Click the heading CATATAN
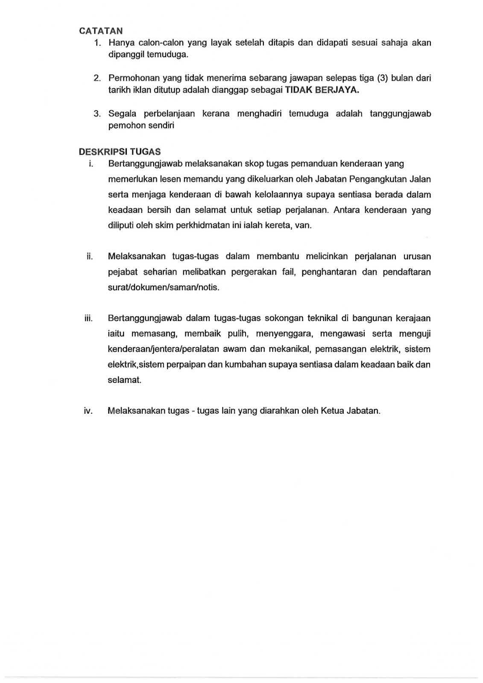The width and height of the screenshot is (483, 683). tap(101, 31)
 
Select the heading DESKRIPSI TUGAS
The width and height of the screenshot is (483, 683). tap(120, 152)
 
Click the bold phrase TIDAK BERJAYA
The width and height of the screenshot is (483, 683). tap(322, 90)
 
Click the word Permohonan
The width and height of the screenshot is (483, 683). tap(132, 78)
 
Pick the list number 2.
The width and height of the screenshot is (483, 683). tap(97, 78)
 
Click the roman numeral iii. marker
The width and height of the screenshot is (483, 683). tap(89, 318)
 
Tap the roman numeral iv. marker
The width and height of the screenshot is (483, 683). tap(88, 411)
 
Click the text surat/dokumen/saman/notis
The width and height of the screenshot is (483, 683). tap(164, 287)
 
